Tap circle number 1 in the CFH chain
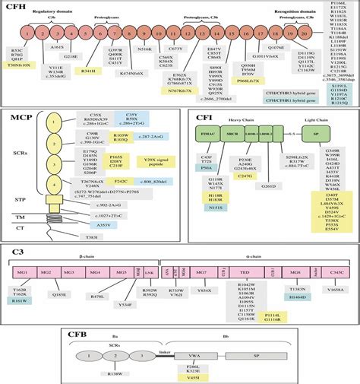pos(14,35)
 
